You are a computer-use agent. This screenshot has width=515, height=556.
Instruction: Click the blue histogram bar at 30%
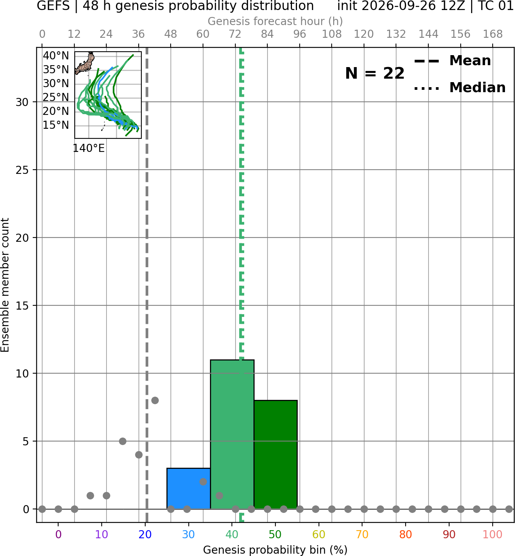pyautogui.click(x=188, y=489)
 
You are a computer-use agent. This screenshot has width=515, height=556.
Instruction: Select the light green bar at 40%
pyautogui.click(x=232, y=434)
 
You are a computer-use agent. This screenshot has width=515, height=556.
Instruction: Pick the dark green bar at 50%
pyautogui.click(x=275, y=455)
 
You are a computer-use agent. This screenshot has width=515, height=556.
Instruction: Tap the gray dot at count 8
pyautogui.click(x=155, y=400)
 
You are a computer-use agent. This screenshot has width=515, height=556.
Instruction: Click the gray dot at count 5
pyautogui.click(x=122, y=441)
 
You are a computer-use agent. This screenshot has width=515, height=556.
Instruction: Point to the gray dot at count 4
pyautogui.click(x=139, y=455)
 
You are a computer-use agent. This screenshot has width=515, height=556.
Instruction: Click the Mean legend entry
pyautogui.click(x=452, y=61)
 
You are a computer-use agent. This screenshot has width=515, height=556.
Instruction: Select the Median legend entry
pyautogui.click(x=460, y=88)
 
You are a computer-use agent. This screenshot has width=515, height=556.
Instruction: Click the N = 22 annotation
pyautogui.click(x=375, y=73)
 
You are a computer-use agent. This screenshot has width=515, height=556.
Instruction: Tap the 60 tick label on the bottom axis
pyautogui.click(x=319, y=534)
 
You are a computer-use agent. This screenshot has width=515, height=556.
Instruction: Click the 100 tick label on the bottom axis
pyautogui.click(x=493, y=534)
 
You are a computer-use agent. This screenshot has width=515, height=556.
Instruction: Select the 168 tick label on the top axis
pyautogui.click(x=493, y=34)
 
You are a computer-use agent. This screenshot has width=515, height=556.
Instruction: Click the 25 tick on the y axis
pyautogui.click(x=22, y=170)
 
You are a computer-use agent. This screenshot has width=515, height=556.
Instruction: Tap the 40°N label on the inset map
pyautogui.click(x=56, y=56)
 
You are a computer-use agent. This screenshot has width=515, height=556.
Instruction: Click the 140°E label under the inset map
pyautogui.click(x=89, y=148)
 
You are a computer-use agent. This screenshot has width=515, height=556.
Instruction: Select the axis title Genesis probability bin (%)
pyautogui.click(x=275, y=550)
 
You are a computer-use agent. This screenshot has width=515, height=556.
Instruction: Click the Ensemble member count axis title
pyautogui.click(x=5, y=285)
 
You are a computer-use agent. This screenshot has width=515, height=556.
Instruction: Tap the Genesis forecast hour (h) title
pyautogui.click(x=275, y=21)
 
